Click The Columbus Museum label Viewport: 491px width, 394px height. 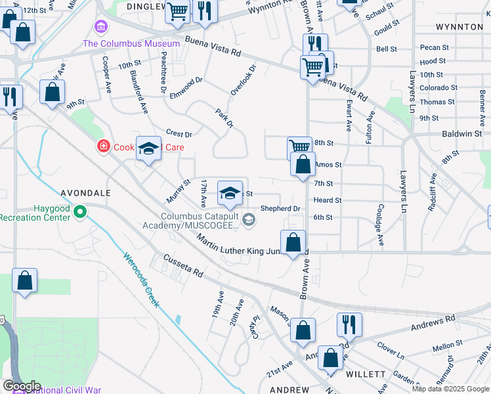tap(131, 43)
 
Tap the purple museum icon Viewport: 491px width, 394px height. tap(101, 27)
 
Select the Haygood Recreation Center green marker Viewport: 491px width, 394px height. tap(80, 211)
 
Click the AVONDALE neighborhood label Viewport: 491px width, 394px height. tap(86, 194)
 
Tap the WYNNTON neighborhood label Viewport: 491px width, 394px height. tap(459, 27)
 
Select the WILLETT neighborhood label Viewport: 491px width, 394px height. tap(366, 374)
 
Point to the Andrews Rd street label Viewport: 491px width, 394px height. tap(433, 320)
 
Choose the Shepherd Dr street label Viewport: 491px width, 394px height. tap(280, 208)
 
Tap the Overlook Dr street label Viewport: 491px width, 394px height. tap(242, 79)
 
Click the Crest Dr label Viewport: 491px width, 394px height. tap(179, 134)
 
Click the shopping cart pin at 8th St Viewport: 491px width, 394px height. tap(299, 148)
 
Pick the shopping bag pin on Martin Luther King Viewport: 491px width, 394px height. tap(293, 242)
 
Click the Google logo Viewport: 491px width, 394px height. tap(22, 386)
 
